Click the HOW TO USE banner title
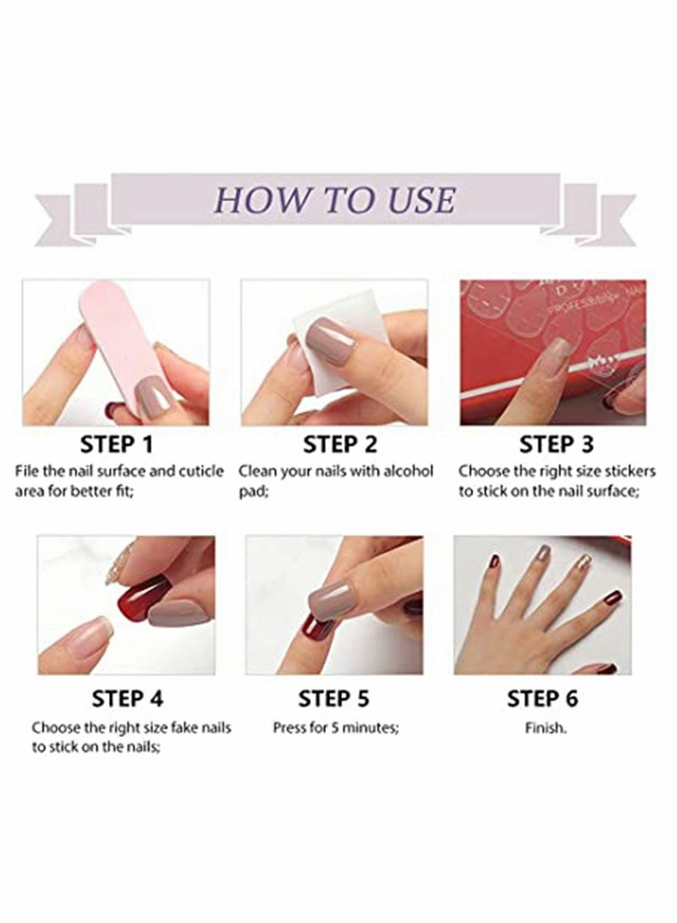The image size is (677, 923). click(336, 200)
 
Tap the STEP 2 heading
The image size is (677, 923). click(339, 444)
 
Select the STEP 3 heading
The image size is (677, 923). click(556, 444)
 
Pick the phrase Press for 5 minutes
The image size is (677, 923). click(335, 727)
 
